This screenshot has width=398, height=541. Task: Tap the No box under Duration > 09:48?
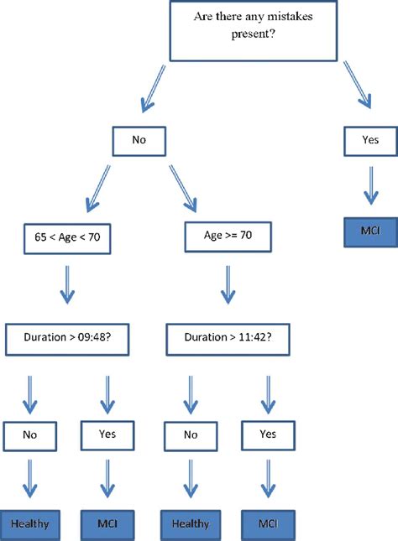pyautogui.click(x=29, y=436)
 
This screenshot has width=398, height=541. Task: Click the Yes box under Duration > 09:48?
pyautogui.click(x=107, y=434)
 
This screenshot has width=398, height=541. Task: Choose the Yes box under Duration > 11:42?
pyautogui.click(x=266, y=436)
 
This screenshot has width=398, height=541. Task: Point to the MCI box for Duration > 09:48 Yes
pyautogui.click(x=107, y=524)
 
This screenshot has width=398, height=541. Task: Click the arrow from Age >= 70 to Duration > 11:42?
pyautogui.click(x=227, y=283)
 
